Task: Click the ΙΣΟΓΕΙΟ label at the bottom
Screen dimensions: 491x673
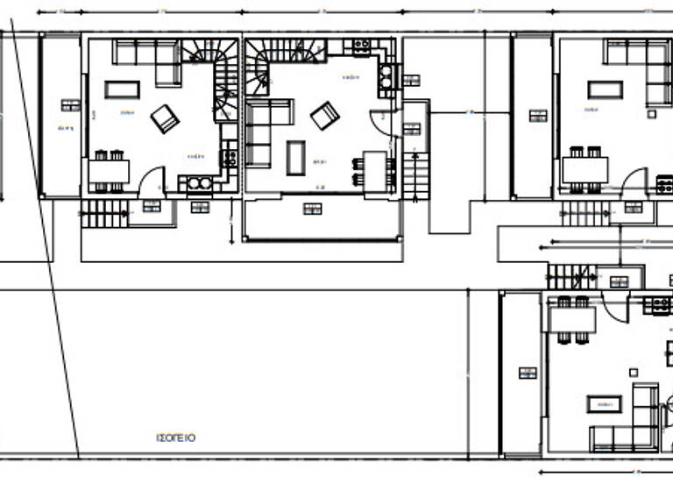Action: (x=175, y=437)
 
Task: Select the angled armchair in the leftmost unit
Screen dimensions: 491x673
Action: (x=165, y=118)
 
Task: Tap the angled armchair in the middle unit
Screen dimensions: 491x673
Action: (x=325, y=115)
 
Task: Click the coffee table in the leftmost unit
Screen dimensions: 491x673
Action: (x=122, y=89)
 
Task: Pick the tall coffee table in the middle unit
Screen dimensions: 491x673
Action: (x=296, y=157)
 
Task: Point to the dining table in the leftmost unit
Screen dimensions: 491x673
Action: (x=109, y=171)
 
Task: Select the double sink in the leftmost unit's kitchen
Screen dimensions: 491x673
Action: (x=200, y=183)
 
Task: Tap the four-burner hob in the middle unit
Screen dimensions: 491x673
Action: (x=360, y=46)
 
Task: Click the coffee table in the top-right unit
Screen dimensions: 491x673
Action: (x=605, y=89)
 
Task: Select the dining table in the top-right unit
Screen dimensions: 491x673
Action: (x=584, y=169)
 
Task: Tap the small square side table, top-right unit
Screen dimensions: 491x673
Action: (x=651, y=113)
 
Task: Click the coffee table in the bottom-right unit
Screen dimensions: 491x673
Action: (x=604, y=404)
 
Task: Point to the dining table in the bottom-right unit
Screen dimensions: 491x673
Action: (x=571, y=320)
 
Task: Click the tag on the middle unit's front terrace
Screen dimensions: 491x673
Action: (x=312, y=208)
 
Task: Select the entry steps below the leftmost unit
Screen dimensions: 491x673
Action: (x=103, y=213)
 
